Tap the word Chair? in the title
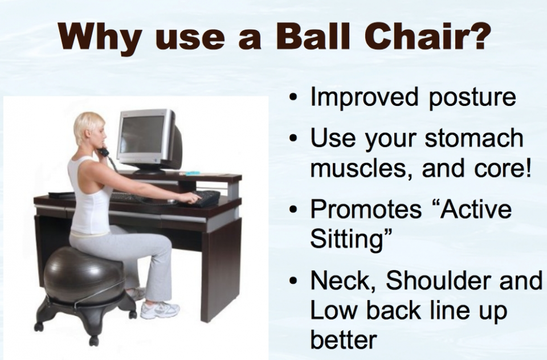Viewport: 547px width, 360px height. [427, 36]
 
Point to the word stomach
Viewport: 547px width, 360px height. [474, 138]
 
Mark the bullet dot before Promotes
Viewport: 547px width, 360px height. [295, 210]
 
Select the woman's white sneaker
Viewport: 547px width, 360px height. [160, 310]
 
